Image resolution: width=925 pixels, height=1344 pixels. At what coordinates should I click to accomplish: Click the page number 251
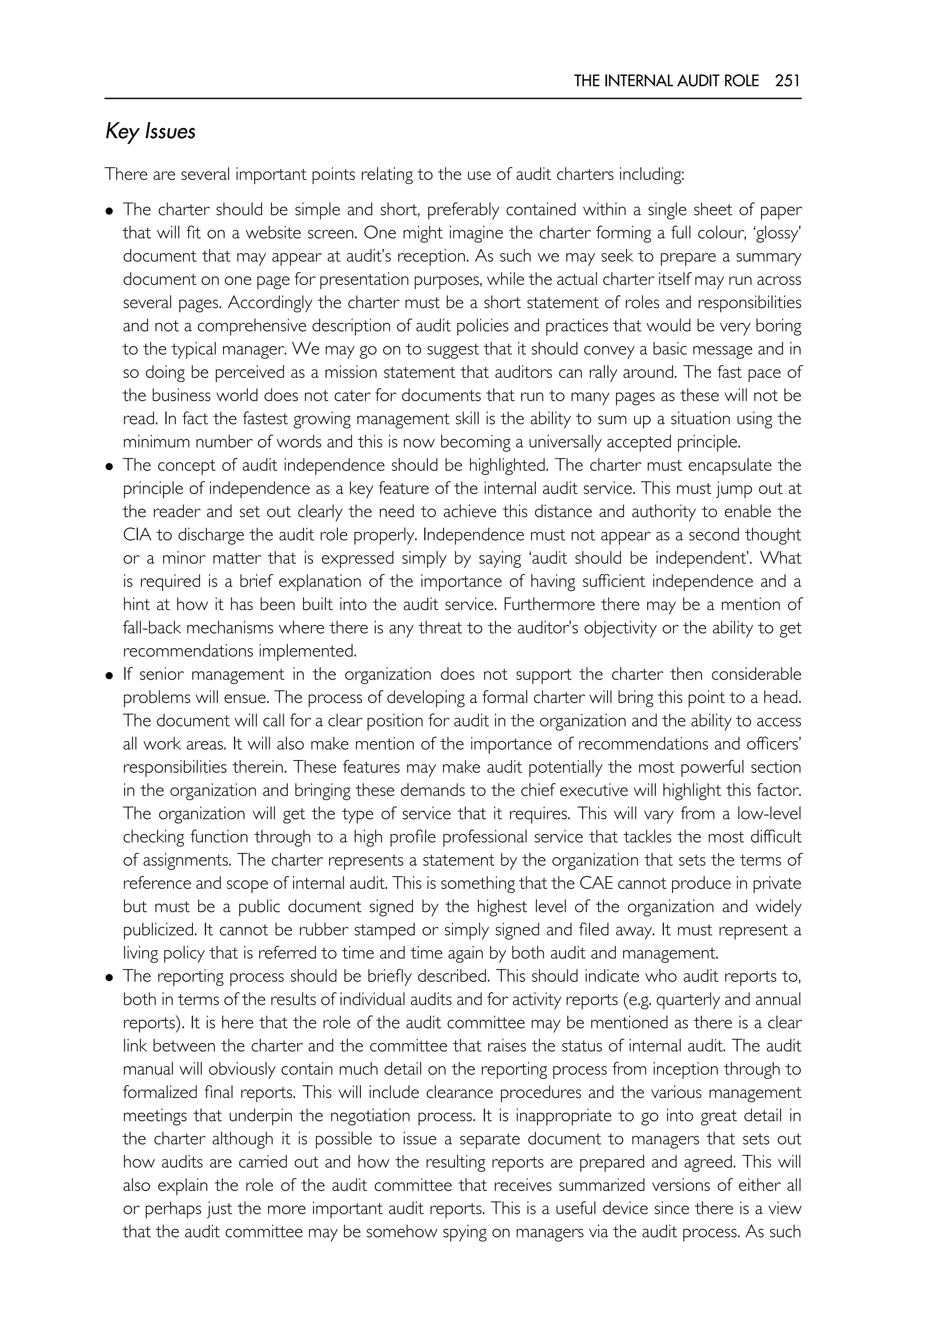[787, 81]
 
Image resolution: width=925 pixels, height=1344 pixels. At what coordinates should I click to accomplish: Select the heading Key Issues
[150, 132]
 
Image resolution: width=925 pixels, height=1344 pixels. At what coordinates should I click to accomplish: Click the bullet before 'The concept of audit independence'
[109, 467]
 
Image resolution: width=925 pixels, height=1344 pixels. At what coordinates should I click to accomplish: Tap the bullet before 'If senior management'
[109, 676]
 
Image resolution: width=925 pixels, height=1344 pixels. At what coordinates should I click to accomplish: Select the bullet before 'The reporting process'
[109, 977]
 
